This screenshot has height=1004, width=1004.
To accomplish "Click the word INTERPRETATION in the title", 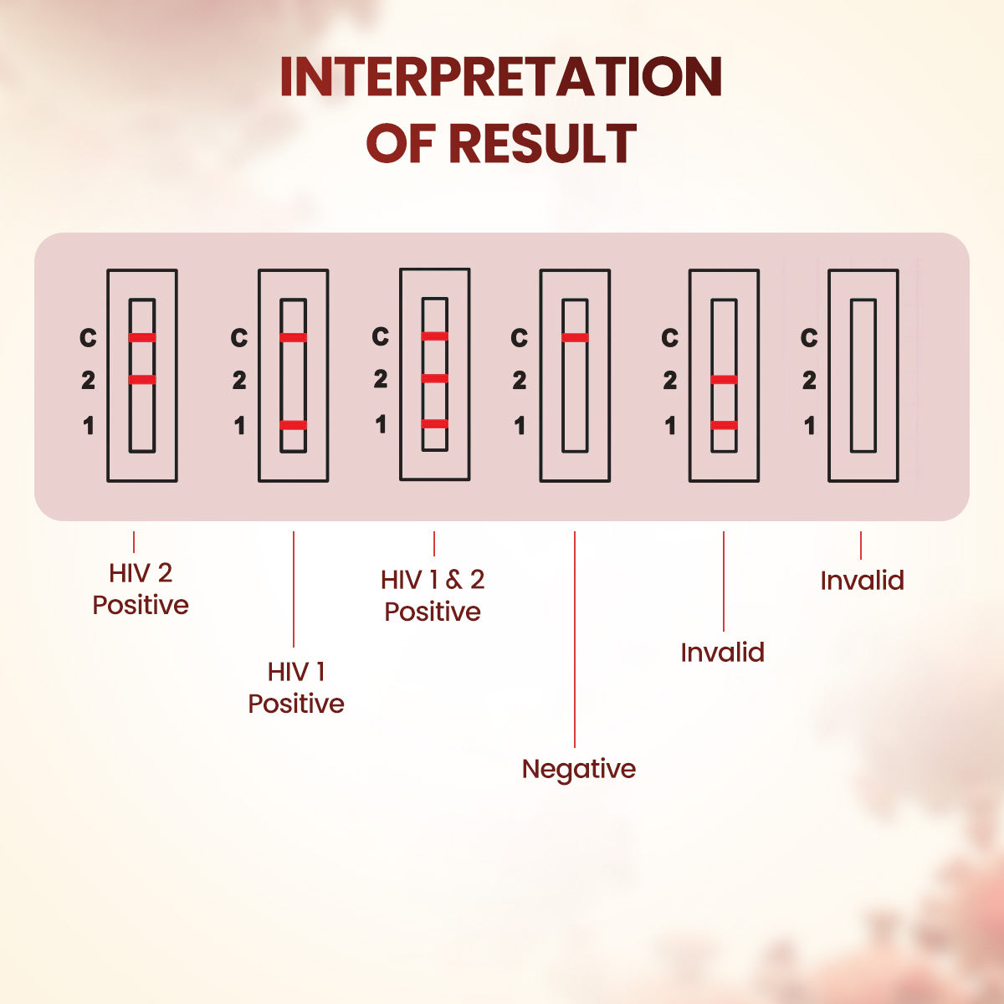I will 501,77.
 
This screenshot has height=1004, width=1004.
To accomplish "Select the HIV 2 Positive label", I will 141,589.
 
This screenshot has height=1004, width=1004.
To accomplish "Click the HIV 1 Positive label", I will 296,687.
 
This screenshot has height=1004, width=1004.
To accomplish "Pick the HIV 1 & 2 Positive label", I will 433,595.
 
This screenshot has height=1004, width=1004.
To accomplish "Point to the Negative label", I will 578,769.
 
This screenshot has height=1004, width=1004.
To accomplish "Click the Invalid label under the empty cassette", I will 862,580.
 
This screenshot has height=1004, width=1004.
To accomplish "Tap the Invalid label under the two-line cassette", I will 722,652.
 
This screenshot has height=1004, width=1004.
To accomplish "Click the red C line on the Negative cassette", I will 575,338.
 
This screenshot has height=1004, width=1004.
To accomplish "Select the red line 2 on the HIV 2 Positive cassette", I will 142,380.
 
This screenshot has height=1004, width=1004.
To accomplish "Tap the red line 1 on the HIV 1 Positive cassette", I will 293,425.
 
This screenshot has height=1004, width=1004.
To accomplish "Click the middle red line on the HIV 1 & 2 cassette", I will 434,378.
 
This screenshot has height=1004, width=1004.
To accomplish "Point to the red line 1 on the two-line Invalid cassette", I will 724,425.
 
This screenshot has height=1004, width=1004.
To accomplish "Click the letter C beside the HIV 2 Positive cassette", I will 88,338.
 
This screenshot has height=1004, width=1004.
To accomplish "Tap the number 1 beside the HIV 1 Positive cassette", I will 239,426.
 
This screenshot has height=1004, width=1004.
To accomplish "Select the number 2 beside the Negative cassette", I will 520,381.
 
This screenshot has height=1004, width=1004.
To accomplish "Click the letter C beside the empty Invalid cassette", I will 808,338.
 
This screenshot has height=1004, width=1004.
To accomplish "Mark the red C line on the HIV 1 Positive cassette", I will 293,338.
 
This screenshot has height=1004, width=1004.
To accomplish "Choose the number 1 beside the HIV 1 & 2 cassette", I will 381,425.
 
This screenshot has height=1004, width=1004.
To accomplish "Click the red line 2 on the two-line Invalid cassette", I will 724,380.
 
